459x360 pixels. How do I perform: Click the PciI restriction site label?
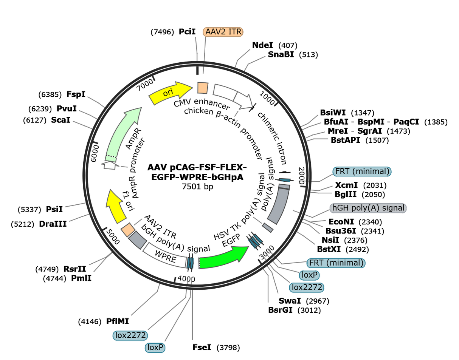(187, 32)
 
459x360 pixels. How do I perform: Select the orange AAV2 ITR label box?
(223, 32)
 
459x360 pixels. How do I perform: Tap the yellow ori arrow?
(170, 93)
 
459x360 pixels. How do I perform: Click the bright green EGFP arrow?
(223, 258)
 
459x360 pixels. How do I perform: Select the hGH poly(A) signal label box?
(368, 208)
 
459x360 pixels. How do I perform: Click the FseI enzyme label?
(202, 347)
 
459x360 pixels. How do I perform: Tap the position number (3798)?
(228, 348)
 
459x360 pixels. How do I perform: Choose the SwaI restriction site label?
(290, 301)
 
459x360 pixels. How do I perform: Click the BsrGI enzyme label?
(280, 310)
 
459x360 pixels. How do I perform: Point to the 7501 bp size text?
(197, 187)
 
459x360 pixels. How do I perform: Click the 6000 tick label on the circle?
(95, 153)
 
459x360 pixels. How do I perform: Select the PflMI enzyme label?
(118, 321)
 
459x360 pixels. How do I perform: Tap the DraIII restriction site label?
(53, 224)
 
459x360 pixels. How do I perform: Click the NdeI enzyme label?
(262, 45)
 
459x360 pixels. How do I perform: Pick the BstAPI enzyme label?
(345, 140)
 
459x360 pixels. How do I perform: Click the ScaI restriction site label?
(60, 120)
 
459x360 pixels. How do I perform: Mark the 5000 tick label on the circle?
(113, 236)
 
